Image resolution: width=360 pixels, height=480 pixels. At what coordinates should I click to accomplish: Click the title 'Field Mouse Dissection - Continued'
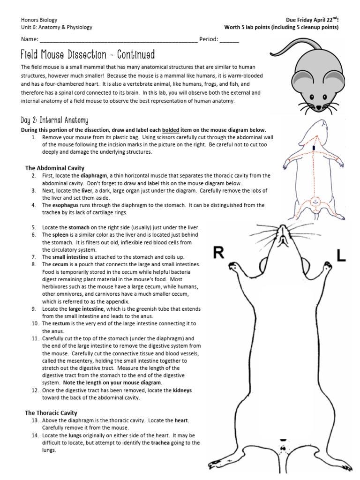tap(88, 55)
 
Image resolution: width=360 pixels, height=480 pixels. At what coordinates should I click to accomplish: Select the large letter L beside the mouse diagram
tap(342, 255)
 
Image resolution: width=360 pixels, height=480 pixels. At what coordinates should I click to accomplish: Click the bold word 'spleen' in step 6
tap(61, 235)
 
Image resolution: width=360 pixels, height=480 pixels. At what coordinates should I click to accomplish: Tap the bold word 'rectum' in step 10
tap(61, 324)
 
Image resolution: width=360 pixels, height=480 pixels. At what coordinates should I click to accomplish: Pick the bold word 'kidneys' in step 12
tap(182, 390)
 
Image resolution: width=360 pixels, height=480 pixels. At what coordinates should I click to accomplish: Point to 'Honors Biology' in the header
tap(39, 20)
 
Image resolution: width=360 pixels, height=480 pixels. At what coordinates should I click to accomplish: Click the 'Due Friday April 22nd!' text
tap(312, 20)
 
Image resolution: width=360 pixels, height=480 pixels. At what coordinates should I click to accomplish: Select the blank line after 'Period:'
tap(229, 40)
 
